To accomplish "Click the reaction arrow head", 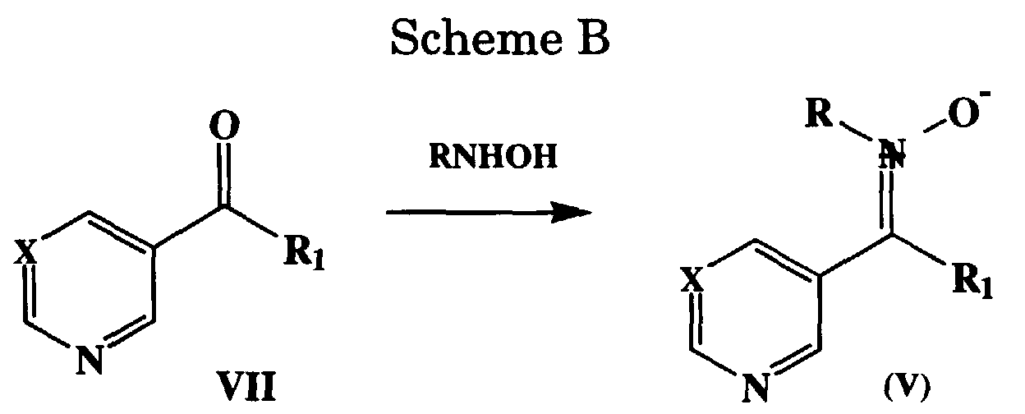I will (x=575, y=215).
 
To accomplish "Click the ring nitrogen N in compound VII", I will (x=90, y=362).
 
